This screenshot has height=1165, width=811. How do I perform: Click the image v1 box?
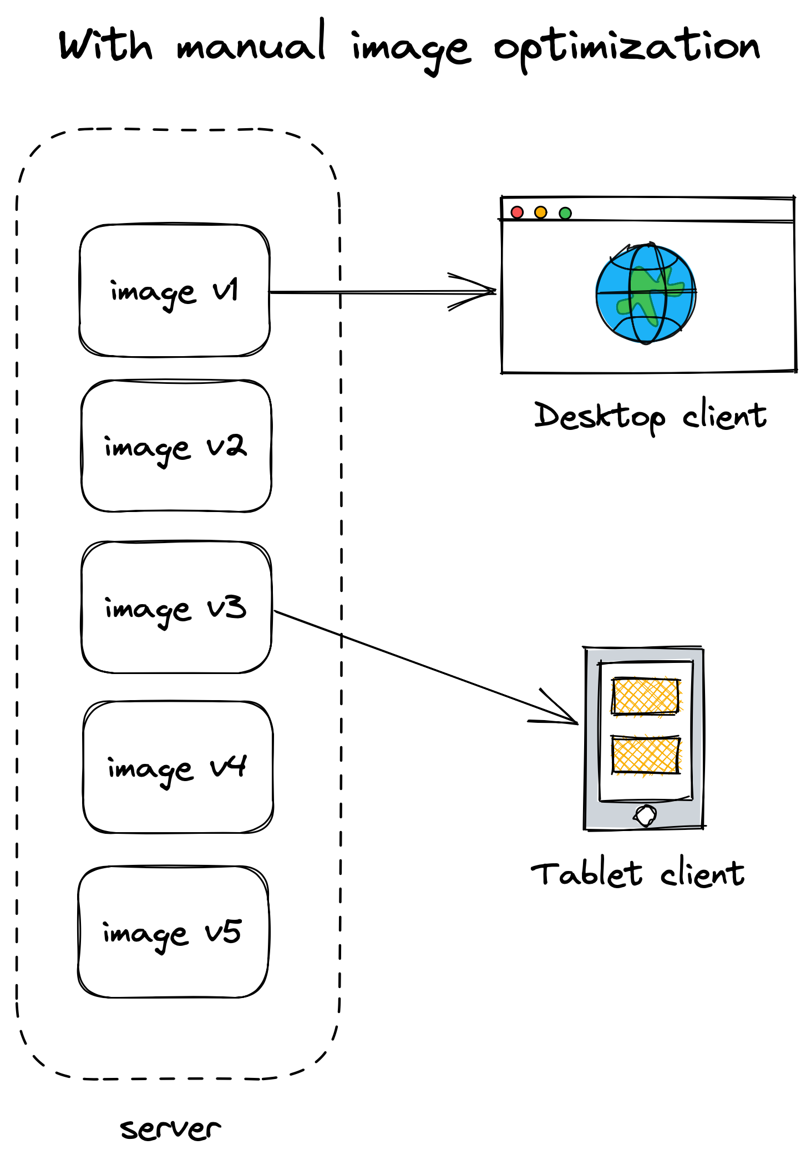tap(175, 290)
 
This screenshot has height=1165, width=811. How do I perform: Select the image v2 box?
tap(176, 446)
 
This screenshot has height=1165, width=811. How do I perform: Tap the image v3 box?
tap(176, 607)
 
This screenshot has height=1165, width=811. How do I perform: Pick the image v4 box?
tap(178, 767)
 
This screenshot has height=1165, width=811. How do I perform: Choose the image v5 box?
tap(173, 932)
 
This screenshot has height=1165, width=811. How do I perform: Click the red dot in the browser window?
tap(517, 212)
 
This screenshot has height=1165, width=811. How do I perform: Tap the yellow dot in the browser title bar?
tap(540, 212)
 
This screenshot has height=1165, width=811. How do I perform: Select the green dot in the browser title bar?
tap(565, 213)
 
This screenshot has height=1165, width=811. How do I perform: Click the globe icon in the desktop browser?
tap(646, 293)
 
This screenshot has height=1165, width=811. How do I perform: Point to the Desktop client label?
tap(650, 416)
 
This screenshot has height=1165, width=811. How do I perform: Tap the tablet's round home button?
tap(646, 815)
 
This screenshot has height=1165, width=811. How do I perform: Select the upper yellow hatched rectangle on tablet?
tap(646, 696)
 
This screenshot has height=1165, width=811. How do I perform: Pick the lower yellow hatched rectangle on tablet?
tap(646, 754)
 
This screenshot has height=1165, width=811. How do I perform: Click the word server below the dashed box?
tap(170, 1129)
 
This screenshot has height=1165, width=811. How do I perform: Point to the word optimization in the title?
tap(627, 47)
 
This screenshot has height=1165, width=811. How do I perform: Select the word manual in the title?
tap(251, 44)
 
